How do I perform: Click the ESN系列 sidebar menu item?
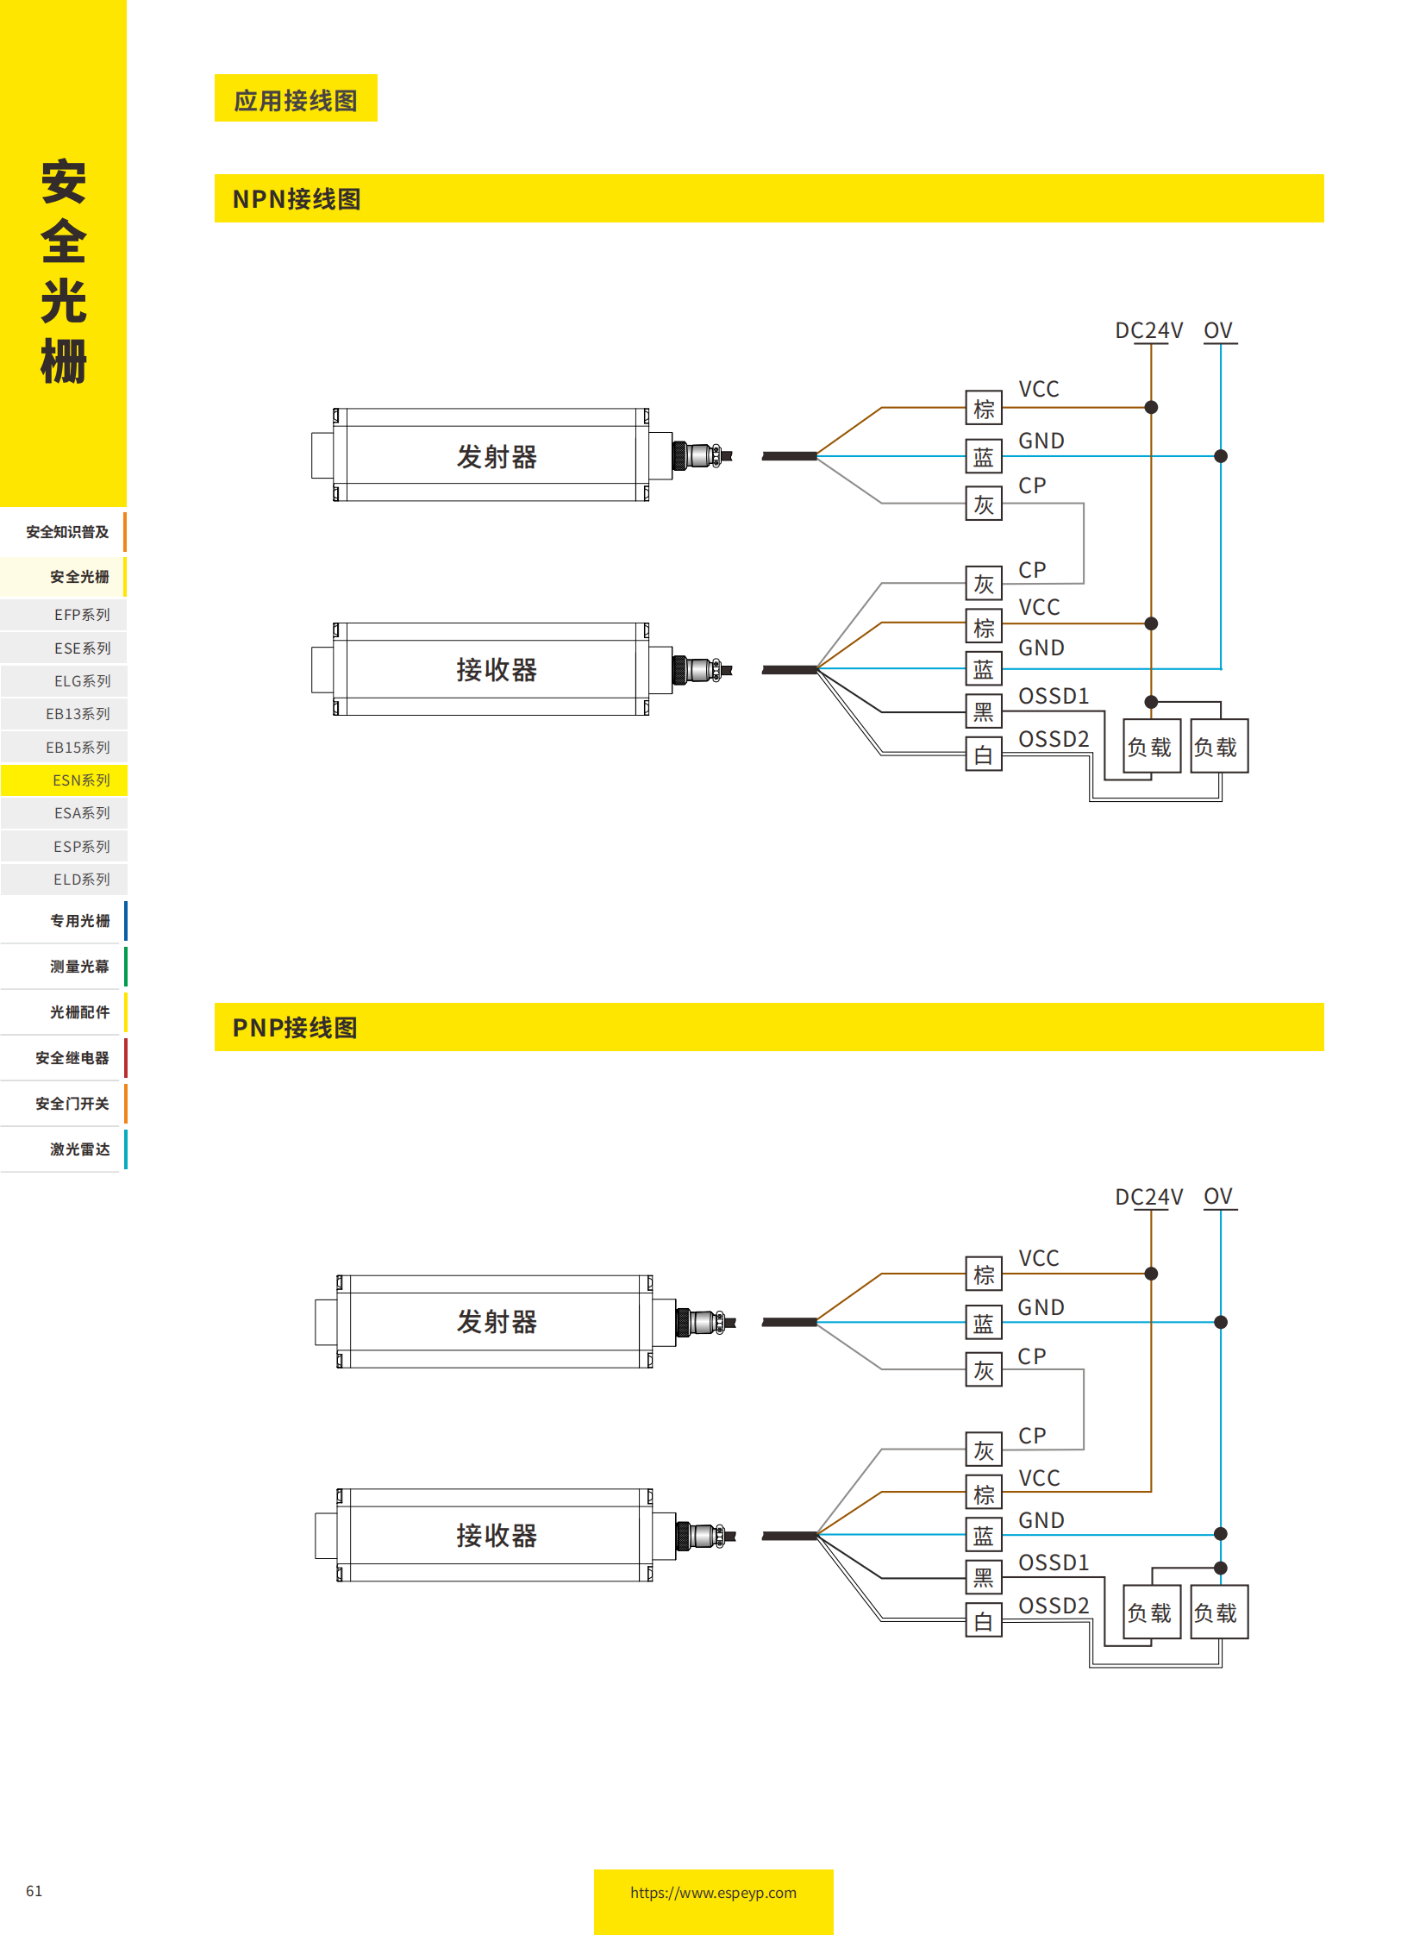click(81, 780)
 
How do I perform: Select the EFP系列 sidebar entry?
click(81, 614)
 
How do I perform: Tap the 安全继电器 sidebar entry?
click(72, 1057)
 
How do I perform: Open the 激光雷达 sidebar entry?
click(79, 1149)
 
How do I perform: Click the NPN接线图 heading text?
click(296, 199)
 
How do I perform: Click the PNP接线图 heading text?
click(294, 1027)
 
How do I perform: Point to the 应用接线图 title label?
click(295, 100)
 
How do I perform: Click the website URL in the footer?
click(713, 1892)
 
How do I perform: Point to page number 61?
click(34, 1890)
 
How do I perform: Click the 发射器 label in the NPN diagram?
click(497, 456)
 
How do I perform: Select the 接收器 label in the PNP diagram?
click(497, 1534)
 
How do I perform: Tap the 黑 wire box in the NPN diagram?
click(983, 711)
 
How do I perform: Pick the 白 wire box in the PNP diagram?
click(983, 1621)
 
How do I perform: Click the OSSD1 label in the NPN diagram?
click(1053, 695)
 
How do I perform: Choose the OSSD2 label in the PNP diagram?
click(1053, 1604)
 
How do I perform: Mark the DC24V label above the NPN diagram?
click(1148, 331)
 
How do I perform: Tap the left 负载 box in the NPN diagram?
click(1151, 747)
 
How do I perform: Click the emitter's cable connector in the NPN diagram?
click(701, 455)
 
